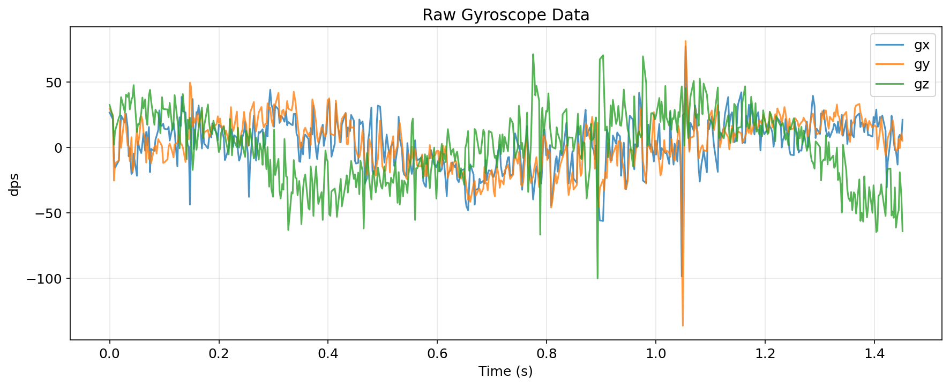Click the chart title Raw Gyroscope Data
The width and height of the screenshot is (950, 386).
505,15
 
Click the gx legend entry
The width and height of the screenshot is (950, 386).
921,45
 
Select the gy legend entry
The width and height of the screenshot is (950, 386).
921,65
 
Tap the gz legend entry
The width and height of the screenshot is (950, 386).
921,85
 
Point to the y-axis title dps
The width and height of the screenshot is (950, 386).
14,184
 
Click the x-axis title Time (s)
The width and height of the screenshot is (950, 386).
505,371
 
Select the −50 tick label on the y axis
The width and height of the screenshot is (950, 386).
47,213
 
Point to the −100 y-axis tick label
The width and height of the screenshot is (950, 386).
43,279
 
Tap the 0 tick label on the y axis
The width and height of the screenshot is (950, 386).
58,148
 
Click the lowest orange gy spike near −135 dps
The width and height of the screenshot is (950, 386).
683,325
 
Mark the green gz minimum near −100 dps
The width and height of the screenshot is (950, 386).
597,278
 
